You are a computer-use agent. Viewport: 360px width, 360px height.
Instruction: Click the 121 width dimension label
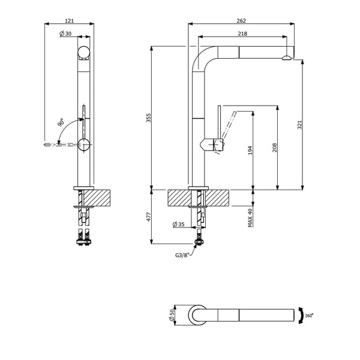70,20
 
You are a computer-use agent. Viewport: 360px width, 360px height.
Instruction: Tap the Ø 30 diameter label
65,34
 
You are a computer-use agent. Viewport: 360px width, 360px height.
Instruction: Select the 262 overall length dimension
241,20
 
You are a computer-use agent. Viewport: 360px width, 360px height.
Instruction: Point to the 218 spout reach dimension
242,34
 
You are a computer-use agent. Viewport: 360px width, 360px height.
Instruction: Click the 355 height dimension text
149,118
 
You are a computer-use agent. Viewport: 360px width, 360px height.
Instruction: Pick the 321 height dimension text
299,125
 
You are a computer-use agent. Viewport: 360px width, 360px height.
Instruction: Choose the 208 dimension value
275,148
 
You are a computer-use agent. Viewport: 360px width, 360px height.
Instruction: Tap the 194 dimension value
250,150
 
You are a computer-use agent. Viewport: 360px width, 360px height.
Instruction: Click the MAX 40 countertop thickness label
250,218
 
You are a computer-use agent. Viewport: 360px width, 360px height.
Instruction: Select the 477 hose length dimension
149,217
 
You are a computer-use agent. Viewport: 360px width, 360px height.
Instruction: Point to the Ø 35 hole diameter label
178,224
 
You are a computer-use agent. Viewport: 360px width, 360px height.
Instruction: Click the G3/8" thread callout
182,255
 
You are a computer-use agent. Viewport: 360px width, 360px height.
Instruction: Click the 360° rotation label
309,316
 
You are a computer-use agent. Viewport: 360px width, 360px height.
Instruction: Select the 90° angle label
61,122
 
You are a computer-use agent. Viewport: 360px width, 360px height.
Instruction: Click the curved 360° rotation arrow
301,316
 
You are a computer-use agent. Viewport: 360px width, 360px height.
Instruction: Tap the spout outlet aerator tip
287,58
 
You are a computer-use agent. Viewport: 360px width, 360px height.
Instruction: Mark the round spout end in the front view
83,52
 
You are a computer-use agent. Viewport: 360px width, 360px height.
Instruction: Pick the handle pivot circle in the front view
84,145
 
